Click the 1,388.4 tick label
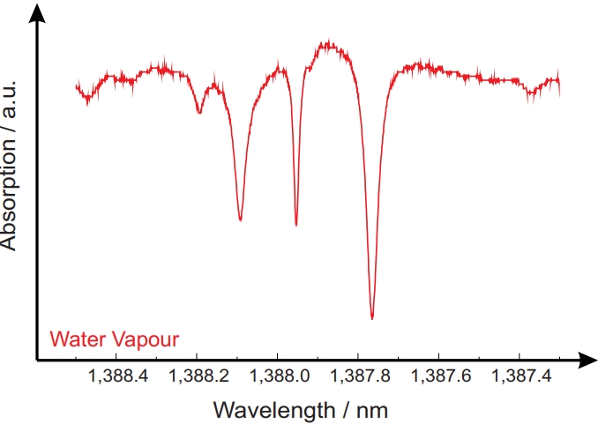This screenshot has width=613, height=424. (x=116, y=376)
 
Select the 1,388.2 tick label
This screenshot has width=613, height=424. (x=197, y=376)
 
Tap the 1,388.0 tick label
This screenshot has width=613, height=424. (x=278, y=376)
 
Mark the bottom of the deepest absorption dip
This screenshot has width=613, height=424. (x=372, y=317)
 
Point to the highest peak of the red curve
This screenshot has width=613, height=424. (x=328, y=41)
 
